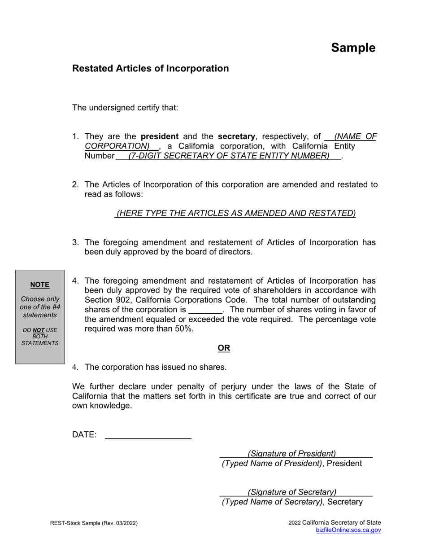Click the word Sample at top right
click(x=353, y=48)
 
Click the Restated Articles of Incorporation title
click(x=150, y=68)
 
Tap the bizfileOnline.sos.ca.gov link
click(x=348, y=530)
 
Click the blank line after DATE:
click(x=148, y=434)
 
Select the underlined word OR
click(x=224, y=348)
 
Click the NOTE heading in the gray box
click(x=40, y=285)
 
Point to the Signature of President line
click(x=292, y=453)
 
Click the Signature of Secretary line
click(x=292, y=492)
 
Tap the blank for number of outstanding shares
click(x=205, y=310)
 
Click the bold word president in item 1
click(x=160, y=136)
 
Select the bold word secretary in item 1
click(x=236, y=136)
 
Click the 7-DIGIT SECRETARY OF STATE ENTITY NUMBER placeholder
click(x=228, y=156)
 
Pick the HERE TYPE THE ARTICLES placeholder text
click(x=236, y=213)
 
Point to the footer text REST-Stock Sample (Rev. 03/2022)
click(x=94, y=523)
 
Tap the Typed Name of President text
click(x=272, y=463)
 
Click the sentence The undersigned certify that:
click(x=125, y=108)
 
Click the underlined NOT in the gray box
click(x=39, y=330)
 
